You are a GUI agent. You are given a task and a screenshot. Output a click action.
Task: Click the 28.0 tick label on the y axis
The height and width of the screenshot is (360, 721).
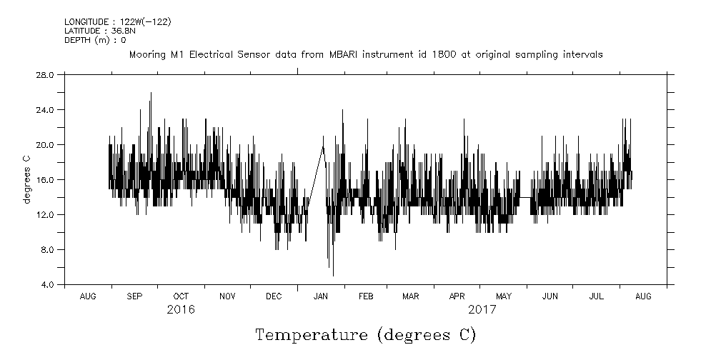[x=45, y=74]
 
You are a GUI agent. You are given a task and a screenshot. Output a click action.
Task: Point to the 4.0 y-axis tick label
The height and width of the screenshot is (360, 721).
[x=47, y=285]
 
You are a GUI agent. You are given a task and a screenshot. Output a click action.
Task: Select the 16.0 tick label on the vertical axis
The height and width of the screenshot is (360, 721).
[x=45, y=180]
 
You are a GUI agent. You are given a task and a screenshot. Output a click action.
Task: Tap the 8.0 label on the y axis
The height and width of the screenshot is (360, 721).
[x=47, y=250]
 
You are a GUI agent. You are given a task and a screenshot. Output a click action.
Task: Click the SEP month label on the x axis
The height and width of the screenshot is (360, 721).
[x=134, y=296]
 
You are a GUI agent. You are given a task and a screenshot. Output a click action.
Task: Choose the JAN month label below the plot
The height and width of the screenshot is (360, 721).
[x=321, y=296]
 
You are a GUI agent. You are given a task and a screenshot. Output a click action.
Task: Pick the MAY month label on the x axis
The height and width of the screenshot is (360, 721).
[x=504, y=296]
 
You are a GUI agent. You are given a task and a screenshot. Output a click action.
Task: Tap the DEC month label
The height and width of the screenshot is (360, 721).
[x=274, y=296]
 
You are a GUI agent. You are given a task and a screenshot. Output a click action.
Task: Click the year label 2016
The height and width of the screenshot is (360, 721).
[x=181, y=310]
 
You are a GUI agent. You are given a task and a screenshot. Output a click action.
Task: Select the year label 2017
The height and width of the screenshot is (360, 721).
[x=482, y=310]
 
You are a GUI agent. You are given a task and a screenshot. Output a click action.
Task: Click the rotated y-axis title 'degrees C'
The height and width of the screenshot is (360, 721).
[x=27, y=180]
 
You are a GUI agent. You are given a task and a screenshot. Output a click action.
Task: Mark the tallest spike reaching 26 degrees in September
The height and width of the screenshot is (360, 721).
[x=150, y=94]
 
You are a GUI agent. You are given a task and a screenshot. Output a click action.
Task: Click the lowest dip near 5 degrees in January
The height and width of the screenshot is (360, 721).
[x=333, y=274]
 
